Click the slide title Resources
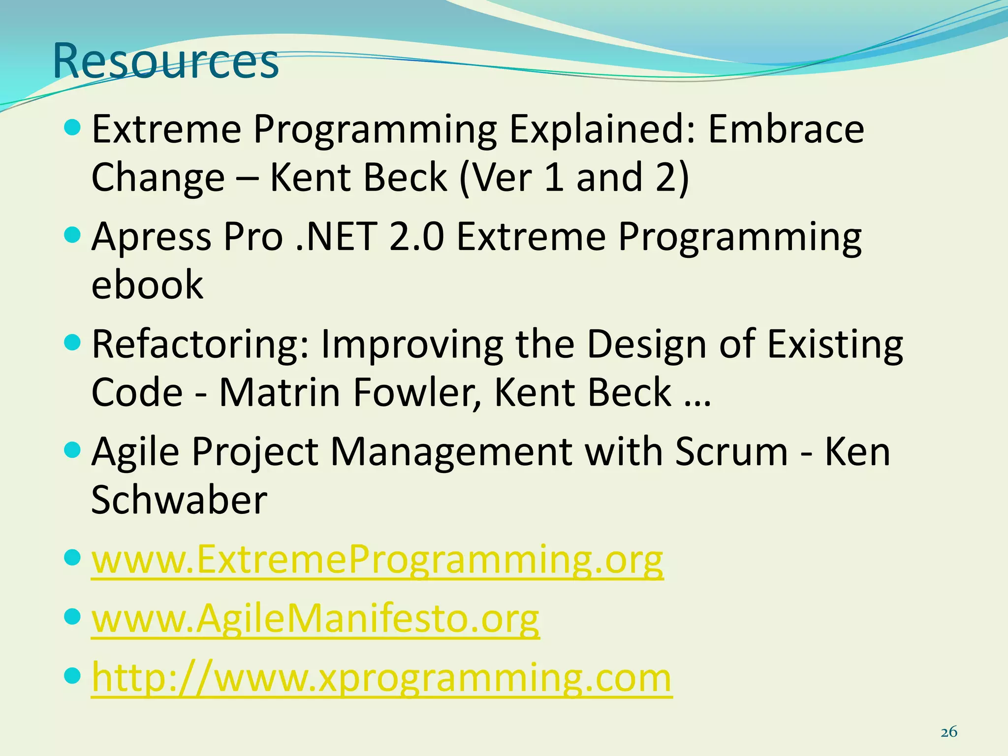[165, 61]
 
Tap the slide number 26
[948, 732]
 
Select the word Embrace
[786, 128]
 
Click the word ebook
[147, 285]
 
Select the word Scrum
[731, 451]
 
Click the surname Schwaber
[179, 500]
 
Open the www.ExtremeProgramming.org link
[377, 560]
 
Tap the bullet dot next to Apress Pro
[72, 234]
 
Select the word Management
[451, 451]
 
